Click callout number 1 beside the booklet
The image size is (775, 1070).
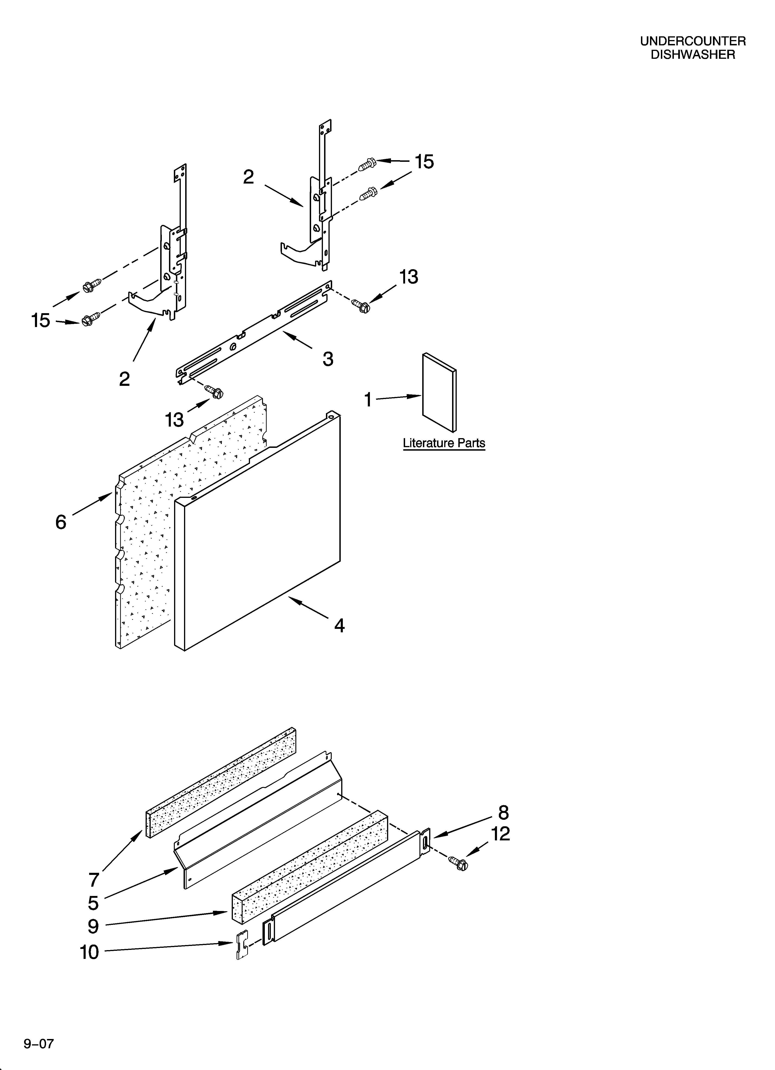click(x=368, y=399)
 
